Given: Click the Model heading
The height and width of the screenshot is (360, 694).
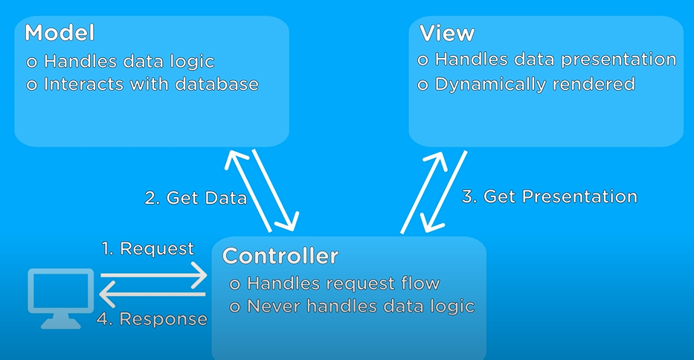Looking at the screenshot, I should [60, 33].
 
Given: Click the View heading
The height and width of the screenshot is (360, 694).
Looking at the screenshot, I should [447, 33].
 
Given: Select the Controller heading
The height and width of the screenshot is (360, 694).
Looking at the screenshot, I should [280, 257].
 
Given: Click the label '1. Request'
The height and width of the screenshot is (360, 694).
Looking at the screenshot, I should [147, 248].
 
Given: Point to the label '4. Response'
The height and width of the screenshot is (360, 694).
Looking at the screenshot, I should [152, 319].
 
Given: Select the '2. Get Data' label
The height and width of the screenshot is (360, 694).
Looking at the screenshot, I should [196, 198].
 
